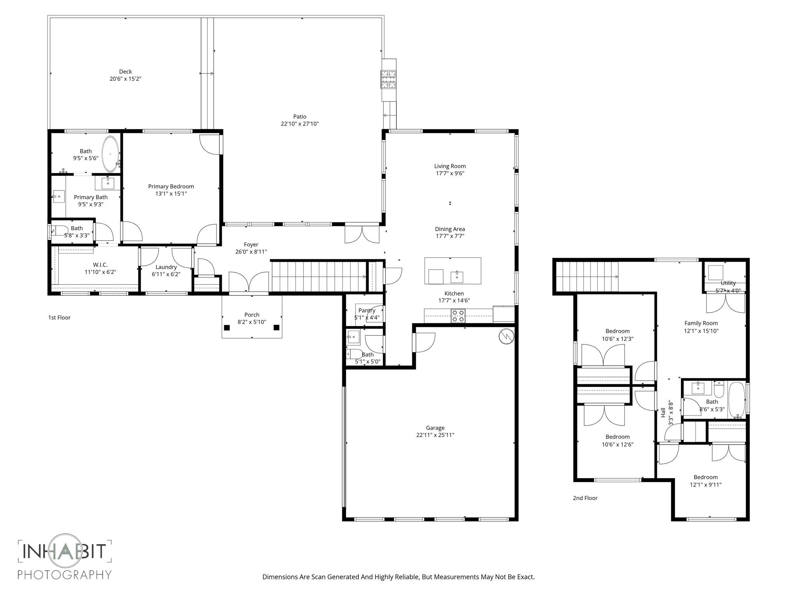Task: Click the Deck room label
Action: (125, 72)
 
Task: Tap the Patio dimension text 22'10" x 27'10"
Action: (300, 124)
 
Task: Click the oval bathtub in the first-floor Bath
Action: (111, 154)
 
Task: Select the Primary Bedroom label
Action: (171, 187)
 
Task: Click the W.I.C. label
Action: (100, 265)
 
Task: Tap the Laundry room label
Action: (166, 267)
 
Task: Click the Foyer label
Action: (251, 244)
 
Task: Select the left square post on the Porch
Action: (227, 328)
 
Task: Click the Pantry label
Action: (367, 310)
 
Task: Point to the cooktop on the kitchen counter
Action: (458, 316)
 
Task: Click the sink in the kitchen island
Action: (457, 277)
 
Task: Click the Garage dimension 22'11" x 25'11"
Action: (435, 435)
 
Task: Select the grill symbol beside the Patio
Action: (388, 79)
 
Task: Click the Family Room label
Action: (701, 323)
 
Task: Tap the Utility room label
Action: (728, 283)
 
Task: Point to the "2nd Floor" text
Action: (585, 498)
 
